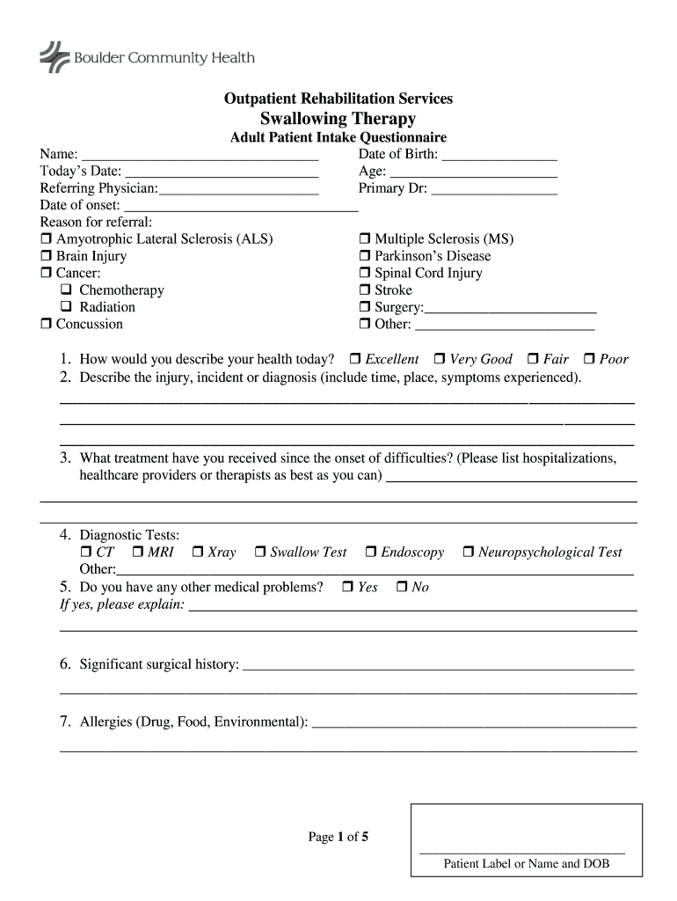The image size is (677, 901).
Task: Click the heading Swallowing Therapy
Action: [x=338, y=119]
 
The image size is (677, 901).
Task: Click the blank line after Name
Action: [x=200, y=155]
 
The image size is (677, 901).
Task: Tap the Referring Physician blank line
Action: [x=238, y=188]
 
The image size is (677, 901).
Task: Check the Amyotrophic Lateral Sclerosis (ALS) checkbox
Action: [x=47, y=239]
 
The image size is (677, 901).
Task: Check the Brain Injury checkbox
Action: [x=47, y=256]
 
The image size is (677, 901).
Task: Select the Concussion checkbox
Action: [x=47, y=324]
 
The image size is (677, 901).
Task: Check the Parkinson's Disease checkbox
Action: [x=365, y=256]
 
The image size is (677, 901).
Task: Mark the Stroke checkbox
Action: [x=365, y=290]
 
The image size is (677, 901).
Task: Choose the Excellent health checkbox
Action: [x=355, y=359]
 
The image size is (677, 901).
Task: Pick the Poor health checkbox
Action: [x=590, y=359]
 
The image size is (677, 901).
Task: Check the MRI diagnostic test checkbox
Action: [x=138, y=553]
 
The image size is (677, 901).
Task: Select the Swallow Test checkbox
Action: [x=260, y=553]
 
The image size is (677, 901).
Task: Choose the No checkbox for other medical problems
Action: [x=402, y=587]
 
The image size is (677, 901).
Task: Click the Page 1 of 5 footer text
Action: [x=338, y=838]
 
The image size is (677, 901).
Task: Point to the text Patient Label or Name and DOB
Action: [x=526, y=864]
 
